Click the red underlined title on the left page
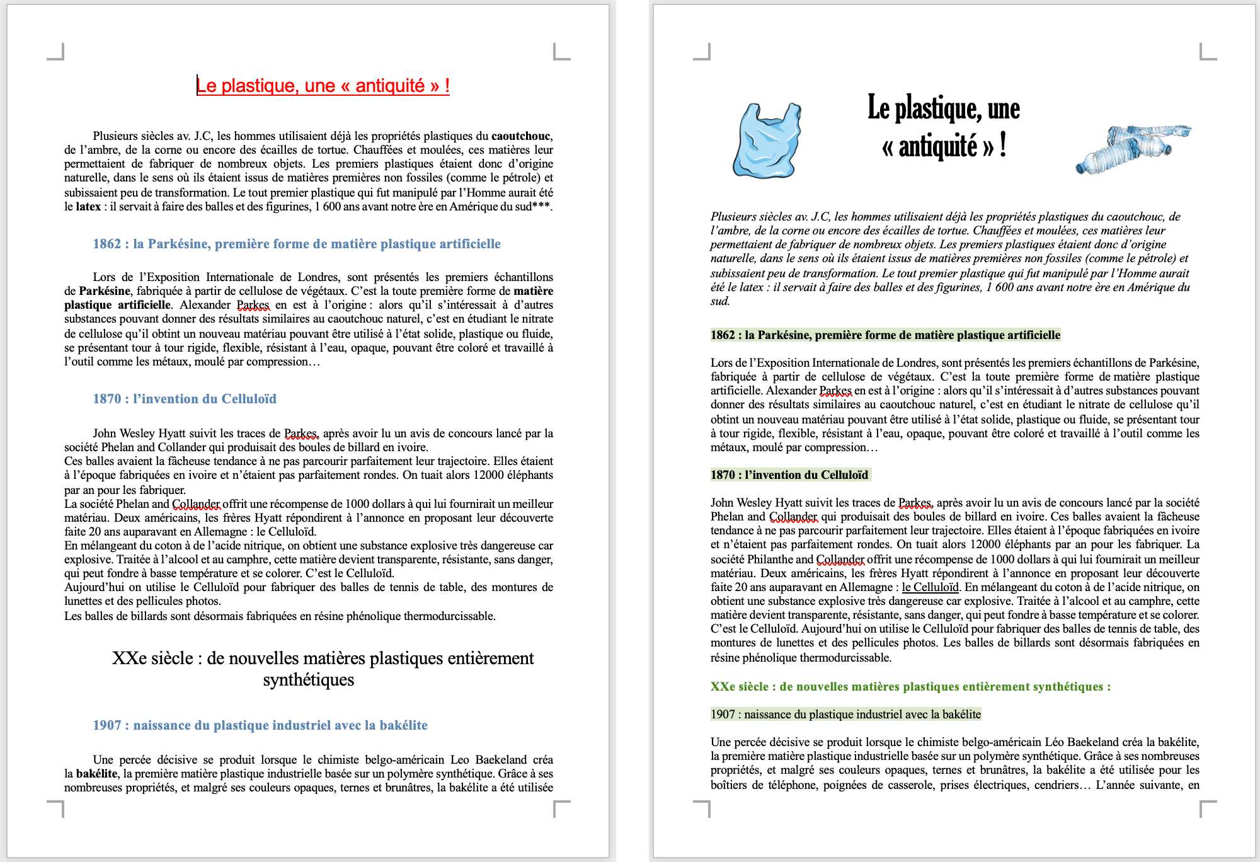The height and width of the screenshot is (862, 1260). point(323,86)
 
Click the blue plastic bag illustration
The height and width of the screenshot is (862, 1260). point(767,141)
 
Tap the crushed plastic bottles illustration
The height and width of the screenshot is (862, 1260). point(1133,149)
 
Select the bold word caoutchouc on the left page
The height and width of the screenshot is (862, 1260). point(521,136)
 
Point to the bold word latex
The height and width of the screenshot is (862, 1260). point(88,207)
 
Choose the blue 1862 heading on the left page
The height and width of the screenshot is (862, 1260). point(296,244)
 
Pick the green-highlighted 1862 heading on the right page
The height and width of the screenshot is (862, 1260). point(885,335)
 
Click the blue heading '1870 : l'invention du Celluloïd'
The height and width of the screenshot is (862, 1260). point(185,399)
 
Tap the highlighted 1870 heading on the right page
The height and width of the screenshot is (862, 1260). point(789,475)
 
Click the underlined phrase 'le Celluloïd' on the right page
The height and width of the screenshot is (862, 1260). point(930,587)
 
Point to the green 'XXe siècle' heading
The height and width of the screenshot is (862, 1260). point(910,687)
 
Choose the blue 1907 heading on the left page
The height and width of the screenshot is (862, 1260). point(260,725)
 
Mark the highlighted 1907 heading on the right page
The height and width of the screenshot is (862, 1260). point(845,715)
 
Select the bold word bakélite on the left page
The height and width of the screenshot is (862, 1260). point(97,774)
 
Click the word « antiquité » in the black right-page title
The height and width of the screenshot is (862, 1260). point(937,147)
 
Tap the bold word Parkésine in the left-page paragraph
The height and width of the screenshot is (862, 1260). point(105,291)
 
